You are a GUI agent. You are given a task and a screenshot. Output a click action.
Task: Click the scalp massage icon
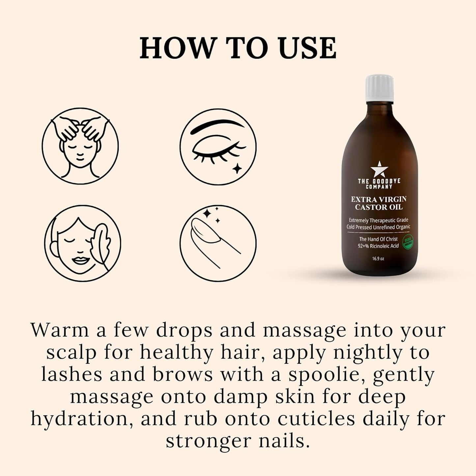80,146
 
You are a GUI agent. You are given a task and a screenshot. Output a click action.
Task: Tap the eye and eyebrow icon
218,146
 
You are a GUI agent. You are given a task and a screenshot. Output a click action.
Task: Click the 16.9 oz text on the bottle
378,259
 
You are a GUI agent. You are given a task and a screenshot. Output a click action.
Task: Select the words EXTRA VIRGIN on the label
378,199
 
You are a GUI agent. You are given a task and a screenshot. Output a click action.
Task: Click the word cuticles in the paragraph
317,419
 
